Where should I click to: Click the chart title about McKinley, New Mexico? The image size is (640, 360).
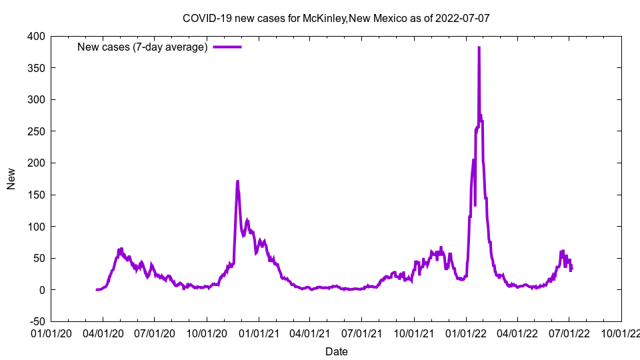tap(336, 18)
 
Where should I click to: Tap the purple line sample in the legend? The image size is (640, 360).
tap(227, 47)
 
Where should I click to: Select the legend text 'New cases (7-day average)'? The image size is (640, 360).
tap(143, 47)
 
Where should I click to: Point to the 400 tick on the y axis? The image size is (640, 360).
tap(36, 36)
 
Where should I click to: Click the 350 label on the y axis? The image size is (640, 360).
tap(36, 68)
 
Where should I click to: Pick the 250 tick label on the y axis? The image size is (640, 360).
tap(36, 131)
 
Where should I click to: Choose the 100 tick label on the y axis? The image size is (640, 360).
tap(36, 227)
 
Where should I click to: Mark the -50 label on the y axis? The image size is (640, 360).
tap(36, 321)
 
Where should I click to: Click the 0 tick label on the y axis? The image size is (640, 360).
tap(42, 290)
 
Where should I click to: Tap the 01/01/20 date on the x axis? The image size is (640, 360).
tap(51, 333)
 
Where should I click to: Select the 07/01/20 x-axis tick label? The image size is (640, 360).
tap(155, 333)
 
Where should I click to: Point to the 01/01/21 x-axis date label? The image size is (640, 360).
tap(259, 333)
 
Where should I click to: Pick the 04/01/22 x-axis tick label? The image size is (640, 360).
tap(517, 333)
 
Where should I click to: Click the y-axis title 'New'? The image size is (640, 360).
tap(11, 179)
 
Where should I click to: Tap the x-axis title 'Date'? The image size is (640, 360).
tap(336, 351)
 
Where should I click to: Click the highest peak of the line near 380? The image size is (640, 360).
tap(479, 48)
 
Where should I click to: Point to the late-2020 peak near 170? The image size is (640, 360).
tap(237, 181)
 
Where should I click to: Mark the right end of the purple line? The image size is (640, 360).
tap(571, 269)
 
